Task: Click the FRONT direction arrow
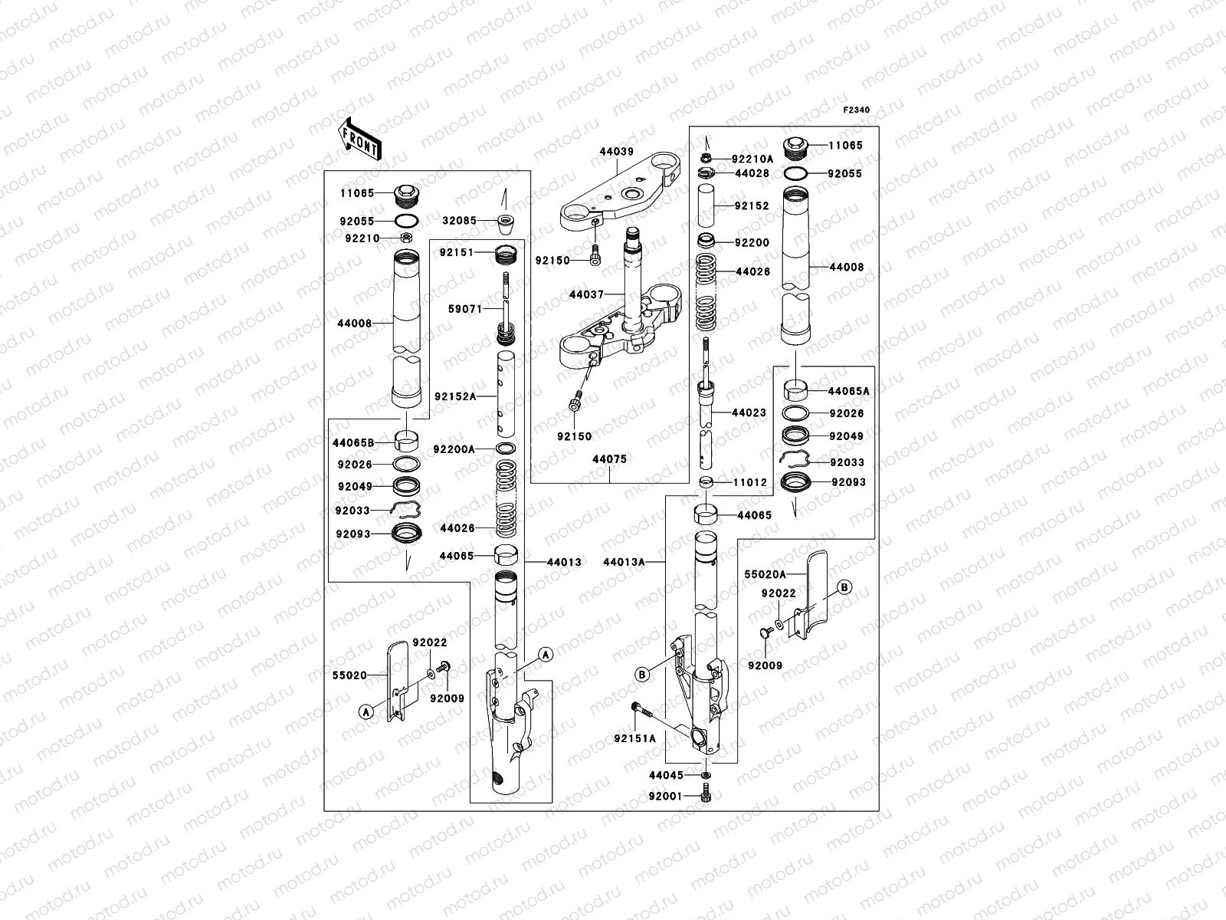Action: [x=361, y=138]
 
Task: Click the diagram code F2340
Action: [x=857, y=110]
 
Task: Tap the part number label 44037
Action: [x=586, y=294]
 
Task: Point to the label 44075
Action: [x=609, y=460]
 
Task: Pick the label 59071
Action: [x=465, y=310]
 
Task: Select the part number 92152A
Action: [x=455, y=396]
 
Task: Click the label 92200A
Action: [x=454, y=449]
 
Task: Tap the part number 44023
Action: [x=749, y=412]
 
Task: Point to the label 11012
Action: [x=749, y=483]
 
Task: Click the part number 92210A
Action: [x=752, y=159]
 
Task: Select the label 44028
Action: [x=751, y=174]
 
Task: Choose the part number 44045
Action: [x=666, y=776]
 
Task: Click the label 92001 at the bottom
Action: [x=666, y=797]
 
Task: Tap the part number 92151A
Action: [x=635, y=739]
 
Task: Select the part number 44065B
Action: [x=353, y=443]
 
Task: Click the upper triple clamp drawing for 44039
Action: [x=621, y=196]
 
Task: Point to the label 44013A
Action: [x=624, y=562]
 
